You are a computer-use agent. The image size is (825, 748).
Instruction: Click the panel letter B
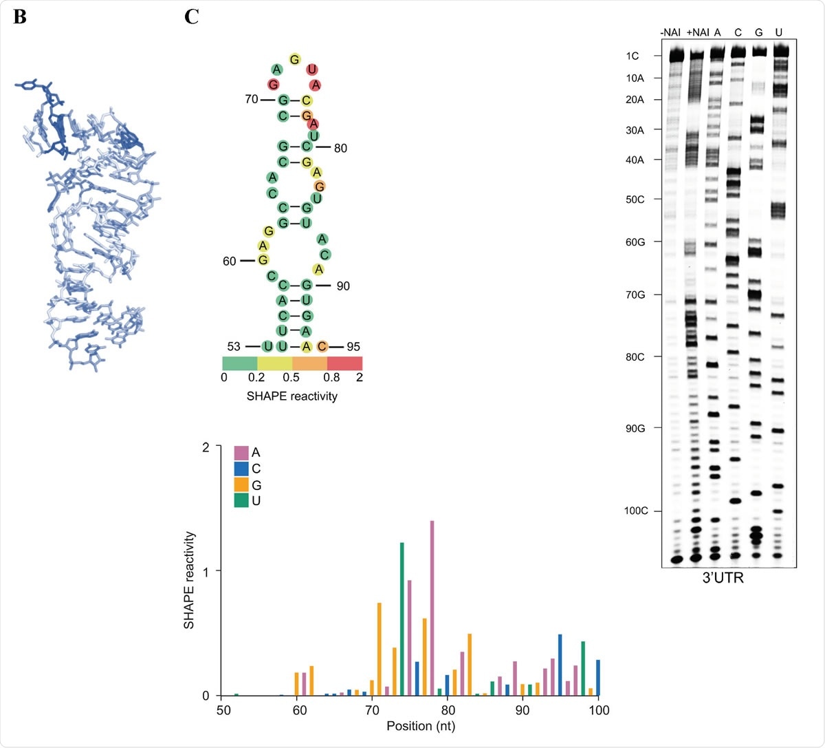click(x=19, y=17)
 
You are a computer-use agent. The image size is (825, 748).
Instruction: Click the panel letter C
click(x=192, y=17)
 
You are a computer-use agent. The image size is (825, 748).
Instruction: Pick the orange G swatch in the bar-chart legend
click(x=241, y=485)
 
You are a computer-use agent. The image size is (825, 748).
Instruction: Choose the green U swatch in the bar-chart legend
click(x=241, y=501)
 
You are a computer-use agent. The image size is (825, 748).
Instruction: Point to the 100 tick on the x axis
click(x=599, y=710)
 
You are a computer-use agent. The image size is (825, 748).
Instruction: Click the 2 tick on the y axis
click(x=206, y=447)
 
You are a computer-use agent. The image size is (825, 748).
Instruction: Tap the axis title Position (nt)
click(x=419, y=726)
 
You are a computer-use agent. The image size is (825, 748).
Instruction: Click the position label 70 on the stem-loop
click(x=251, y=99)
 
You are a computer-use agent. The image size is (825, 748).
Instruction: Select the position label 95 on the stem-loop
click(x=353, y=347)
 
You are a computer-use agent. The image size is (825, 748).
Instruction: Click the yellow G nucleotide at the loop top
click(x=295, y=59)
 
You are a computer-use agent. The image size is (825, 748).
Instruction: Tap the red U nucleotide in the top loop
click(x=312, y=70)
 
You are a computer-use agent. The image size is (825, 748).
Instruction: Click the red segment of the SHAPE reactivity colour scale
click(x=344, y=363)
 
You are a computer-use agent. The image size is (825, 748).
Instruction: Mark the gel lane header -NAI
click(x=670, y=32)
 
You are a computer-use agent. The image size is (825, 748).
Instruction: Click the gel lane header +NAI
click(x=698, y=32)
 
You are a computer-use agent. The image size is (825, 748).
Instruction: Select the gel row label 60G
click(x=635, y=242)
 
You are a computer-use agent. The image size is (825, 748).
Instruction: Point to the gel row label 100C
click(x=636, y=511)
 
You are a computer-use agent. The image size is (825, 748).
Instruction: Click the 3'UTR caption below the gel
click(x=723, y=578)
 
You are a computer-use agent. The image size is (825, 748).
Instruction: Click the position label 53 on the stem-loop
click(x=234, y=347)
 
